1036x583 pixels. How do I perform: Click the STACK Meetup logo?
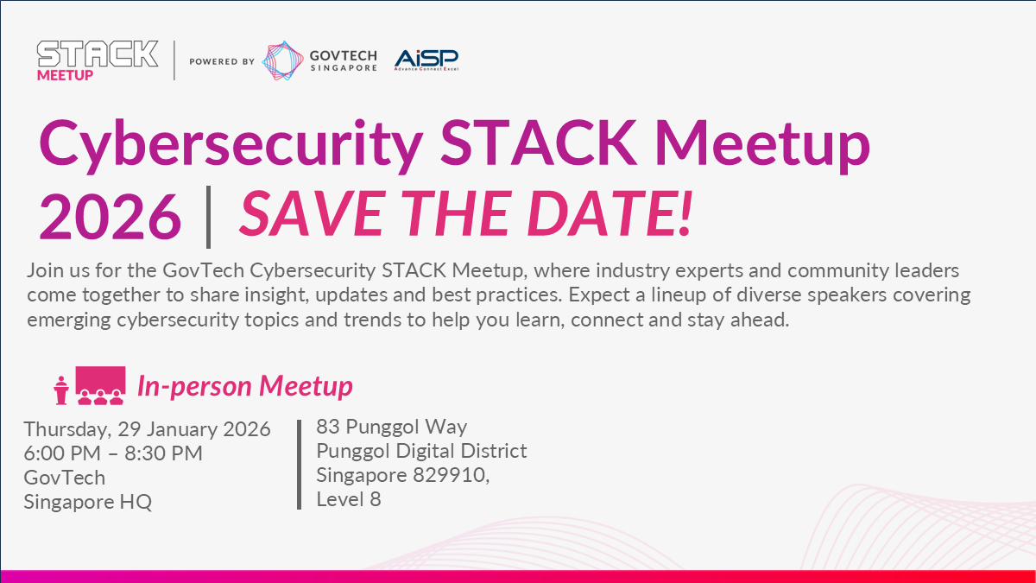[98, 60]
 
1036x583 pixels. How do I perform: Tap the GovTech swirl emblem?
[282, 60]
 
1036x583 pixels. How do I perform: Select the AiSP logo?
[426, 60]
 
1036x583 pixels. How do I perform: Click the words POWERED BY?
[222, 61]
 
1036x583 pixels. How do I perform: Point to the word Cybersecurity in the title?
[231, 145]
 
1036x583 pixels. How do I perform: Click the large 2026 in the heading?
[111, 217]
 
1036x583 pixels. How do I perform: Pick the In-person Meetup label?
[245, 386]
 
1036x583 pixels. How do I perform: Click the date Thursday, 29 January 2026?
[147, 429]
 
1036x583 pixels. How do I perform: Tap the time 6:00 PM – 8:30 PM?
[113, 453]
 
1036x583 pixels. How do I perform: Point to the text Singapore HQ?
[88, 502]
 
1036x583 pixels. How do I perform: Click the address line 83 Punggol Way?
[391, 427]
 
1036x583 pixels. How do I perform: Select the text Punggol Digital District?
[421, 451]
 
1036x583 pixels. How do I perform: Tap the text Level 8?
[349, 499]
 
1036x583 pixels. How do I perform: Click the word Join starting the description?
[45, 270]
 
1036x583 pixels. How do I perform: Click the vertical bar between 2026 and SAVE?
[209, 217]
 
